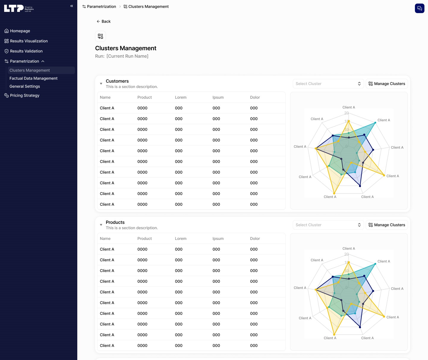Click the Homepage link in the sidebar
(x=20, y=31)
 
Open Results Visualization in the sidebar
(x=29, y=41)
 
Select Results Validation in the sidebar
(x=26, y=51)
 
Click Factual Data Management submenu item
(x=33, y=78)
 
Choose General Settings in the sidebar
(x=25, y=87)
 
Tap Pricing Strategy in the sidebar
(x=24, y=95)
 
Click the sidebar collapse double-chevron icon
(x=72, y=6)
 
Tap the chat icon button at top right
(x=419, y=8)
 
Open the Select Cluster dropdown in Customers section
(x=328, y=84)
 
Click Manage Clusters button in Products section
(x=386, y=225)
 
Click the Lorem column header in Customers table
(x=181, y=98)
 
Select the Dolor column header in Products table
(x=255, y=239)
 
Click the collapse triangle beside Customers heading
(x=101, y=84)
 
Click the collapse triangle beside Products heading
(x=101, y=225)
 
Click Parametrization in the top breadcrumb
(x=101, y=7)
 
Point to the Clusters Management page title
(x=125, y=48)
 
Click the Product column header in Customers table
(x=144, y=98)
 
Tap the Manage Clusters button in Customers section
(x=386, y=84)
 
